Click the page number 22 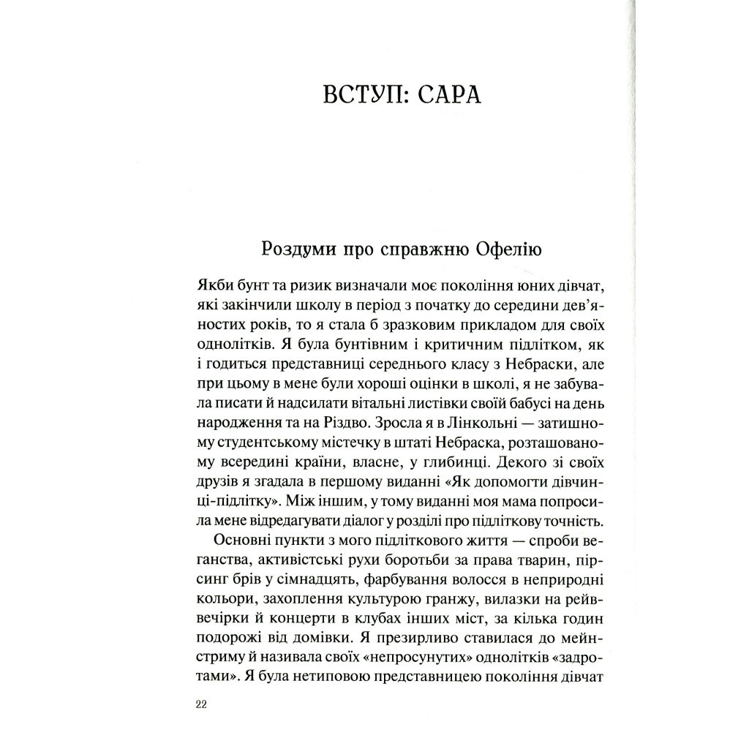tap(203, 704)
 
